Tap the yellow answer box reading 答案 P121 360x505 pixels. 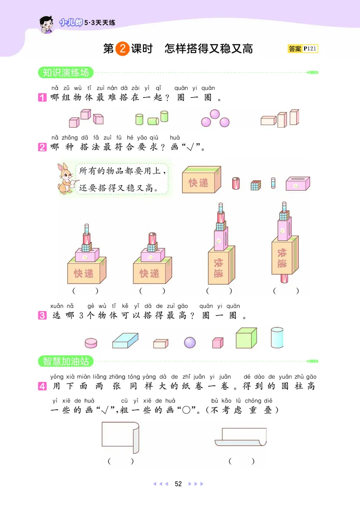tap(302, 49)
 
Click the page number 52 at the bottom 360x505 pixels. tap(178, 484)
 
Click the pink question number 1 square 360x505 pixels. tap(43, 98)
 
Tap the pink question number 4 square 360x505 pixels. tap(43, 386)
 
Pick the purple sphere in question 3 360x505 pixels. tap(190, 343)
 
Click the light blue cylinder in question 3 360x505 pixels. tap(277, 337)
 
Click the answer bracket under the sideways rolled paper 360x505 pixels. tap(241, 461)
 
